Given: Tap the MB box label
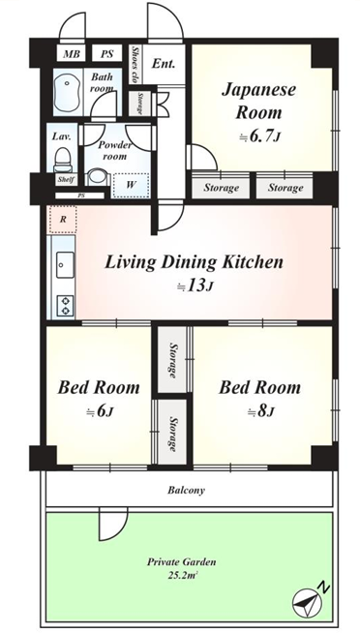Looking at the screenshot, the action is tap(72, 53).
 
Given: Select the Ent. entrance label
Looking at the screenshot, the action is tap(164, 63).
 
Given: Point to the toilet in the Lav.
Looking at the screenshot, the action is tap(62, 159).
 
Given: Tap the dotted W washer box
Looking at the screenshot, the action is tap(131, 185).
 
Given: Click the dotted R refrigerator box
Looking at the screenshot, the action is tap(63, 219).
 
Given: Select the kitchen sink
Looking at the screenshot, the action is tap(65, 264).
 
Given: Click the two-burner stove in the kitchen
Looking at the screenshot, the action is tap(65, 306).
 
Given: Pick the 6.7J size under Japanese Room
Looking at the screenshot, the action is tap(260, 136).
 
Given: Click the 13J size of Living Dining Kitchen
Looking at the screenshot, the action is tap(195, 286).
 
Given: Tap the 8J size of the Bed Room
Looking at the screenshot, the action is tap(260, 412).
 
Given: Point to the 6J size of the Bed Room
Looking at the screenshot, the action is tap(100, 412).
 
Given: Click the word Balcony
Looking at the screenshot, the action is tap(187, 491).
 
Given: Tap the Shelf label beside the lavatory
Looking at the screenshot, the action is tap(66, 180).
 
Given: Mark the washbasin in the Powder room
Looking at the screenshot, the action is tap(97, 176).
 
